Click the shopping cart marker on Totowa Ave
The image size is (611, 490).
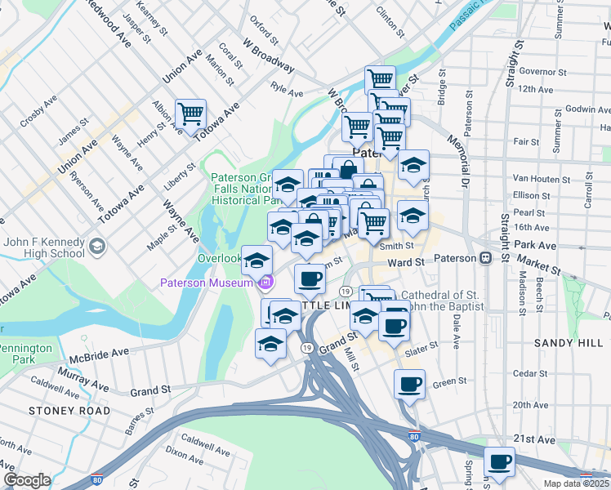click(190, 114)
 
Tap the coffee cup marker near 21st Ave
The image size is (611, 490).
click(499, 462)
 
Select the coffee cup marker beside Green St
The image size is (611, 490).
click(409, 384)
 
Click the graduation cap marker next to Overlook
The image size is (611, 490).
click(256, 261)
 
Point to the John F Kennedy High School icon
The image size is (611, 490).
click(97, 246)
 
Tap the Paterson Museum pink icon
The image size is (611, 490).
click(265, 283)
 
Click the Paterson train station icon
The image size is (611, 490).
click(485, 258)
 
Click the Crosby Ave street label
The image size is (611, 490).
click(38, 110)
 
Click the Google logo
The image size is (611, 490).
click(27, 480)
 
